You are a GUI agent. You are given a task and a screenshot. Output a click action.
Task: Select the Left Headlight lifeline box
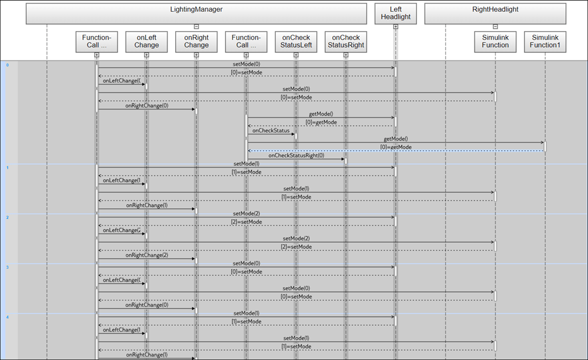click(x=395, y=14)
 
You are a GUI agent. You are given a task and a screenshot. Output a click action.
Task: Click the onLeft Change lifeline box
click(x=146, y=41)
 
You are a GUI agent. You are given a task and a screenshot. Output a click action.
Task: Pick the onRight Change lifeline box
click(x=196, y=41)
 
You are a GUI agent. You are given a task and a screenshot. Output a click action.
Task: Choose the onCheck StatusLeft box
click(x=296, y=41)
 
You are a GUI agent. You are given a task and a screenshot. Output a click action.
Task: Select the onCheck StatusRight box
click(x=346, y=41)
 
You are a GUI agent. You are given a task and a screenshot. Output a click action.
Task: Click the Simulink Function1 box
click(x=544, y=41)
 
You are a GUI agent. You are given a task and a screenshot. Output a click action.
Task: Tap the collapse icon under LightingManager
click(x=196, y=26)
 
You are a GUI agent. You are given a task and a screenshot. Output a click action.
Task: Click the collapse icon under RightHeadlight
click(x=495, y=26)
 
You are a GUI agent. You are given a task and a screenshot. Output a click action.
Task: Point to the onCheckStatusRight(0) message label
click(x=296, y=156)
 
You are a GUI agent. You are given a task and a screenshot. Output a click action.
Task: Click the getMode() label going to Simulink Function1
click(x=396, y=139)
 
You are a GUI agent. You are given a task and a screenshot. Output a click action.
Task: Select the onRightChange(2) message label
click(x=146, y=255)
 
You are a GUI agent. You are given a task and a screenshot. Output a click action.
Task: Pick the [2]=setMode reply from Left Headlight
click(x=246, y=222)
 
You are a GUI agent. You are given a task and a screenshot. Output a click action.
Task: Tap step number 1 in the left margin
click(x=7, y=168)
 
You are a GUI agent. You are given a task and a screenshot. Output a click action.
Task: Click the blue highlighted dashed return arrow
click(x=395, y=151)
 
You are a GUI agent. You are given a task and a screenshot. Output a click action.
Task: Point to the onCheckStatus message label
click(x=271, y=131)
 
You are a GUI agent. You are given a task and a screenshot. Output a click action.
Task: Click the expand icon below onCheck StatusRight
click(x=346, y=55)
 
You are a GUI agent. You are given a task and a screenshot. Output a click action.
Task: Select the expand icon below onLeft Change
click(x=146, y=55)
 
